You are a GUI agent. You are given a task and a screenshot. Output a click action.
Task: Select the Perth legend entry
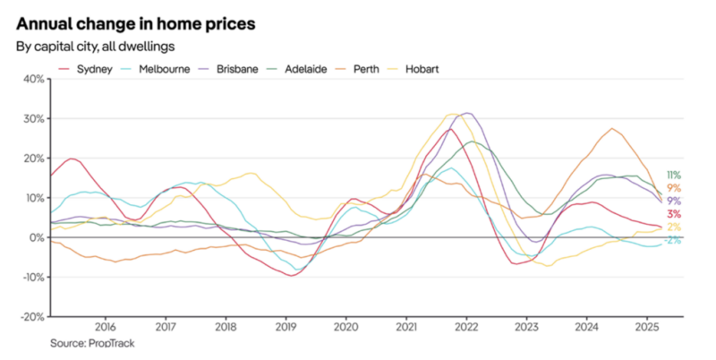tap(368, 69)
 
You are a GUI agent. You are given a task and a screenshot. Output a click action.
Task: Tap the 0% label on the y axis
tap(36, 237)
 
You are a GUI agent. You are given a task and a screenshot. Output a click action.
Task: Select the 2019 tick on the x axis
tap(286, 328)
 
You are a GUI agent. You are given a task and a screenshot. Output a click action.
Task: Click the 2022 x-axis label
tap(466, 328)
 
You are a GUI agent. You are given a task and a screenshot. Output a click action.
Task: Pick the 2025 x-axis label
tap(647, 328)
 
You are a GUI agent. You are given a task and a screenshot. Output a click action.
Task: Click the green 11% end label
tap(674, 176)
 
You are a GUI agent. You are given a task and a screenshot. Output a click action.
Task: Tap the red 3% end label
tap(674, 214)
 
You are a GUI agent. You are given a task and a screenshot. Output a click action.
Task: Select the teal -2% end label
tap(674, 240)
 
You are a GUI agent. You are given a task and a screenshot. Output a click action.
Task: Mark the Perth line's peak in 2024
tap(612, 129)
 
